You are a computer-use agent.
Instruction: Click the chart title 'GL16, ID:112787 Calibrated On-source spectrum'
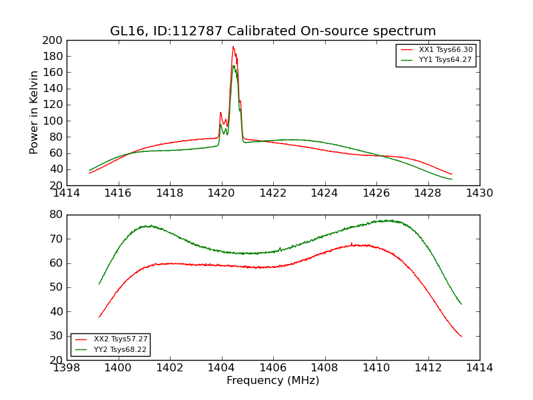click(x=272, y=31)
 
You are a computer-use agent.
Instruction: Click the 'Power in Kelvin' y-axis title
click(x=34, y=113)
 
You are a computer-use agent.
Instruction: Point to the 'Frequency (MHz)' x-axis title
click(x=272, y=381)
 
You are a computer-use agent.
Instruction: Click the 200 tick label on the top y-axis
click(x=53, y=40)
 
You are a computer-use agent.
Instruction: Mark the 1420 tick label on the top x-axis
click(x=221, y=193)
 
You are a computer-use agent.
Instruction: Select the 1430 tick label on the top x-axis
click(x=479, y=193)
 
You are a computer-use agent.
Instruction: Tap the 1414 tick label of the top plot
click(x=67, y=193)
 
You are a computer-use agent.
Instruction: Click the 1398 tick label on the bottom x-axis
click(x=67, y=368)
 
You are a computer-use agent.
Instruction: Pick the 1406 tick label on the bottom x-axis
click(x=273, y=368)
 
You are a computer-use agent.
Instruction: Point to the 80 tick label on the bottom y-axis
click(x=56, y=215)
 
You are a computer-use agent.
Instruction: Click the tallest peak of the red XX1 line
click(x=233, y=47)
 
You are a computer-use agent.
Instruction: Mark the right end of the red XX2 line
click(x=461, y=336)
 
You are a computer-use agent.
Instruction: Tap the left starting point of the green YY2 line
click(x=99, y=284)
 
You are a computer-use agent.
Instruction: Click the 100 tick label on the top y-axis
click(x=53, y=121)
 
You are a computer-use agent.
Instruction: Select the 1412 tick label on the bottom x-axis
click(x=428, y=368)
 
